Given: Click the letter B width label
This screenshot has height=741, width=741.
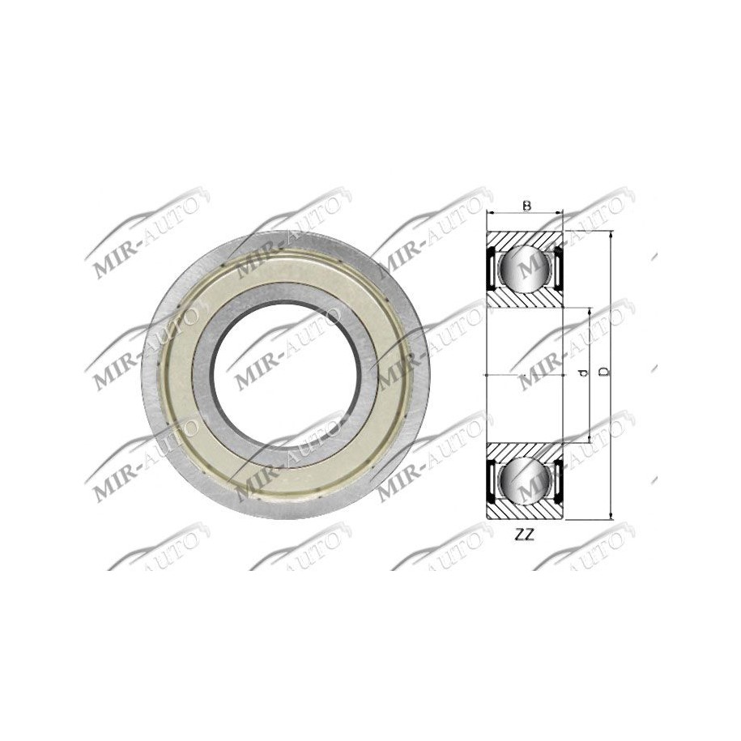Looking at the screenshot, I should click(x=526, y=206).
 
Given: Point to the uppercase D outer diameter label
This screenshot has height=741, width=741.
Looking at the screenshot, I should click(x=603, y=371).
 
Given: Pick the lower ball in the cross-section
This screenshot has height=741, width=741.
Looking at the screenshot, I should click(x=524, y=481).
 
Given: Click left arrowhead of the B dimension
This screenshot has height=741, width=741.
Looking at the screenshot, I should click(x=489, y=215).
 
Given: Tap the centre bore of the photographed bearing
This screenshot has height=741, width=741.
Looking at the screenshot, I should click(x=286, y=373).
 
